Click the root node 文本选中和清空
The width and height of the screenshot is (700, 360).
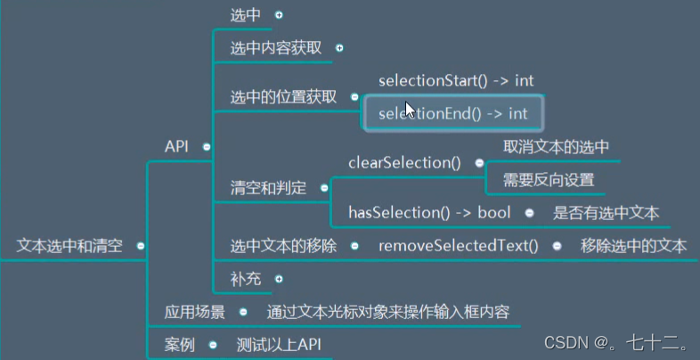click(x=69, y=245)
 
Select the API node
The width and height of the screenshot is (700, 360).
click(x=176, y=146)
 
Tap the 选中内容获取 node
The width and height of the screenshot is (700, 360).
click(x=275, y=47)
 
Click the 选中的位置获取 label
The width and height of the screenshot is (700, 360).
click(x=282, y=97)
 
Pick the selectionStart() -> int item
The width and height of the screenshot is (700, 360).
click(x=455, y=81)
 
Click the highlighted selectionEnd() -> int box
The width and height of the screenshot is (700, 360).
click(x=452, y=113)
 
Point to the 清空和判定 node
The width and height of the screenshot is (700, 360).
click(x=268, y=188)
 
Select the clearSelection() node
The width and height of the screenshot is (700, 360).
click(x=404, y=163)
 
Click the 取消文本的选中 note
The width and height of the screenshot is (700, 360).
click(x=557, y=147)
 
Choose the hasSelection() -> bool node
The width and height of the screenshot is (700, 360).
click(x=429, y=213)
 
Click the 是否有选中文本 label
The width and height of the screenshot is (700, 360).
click(x=606, y=213)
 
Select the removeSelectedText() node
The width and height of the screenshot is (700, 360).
click(x=458, y=245)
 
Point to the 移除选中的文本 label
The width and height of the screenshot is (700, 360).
click(x=632, y=245)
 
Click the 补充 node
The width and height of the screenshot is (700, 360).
click(x=246, y=278)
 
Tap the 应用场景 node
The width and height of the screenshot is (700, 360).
click(x=194, y=312)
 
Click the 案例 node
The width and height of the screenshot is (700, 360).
click(x=179, y=344)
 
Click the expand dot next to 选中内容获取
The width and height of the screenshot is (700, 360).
click(x=338, y=48)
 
